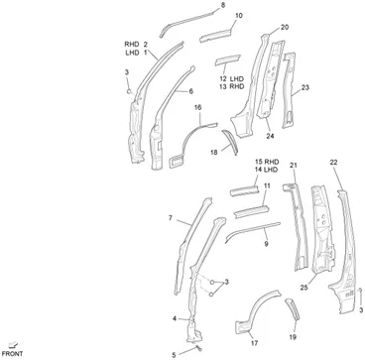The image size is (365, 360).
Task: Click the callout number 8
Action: click(x=222, y=5)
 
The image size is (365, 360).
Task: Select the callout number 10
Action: click(x=239, y=15)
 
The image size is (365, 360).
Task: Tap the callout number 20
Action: click(x=285, y=27)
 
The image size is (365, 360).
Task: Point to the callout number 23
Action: click(x=305, y=87)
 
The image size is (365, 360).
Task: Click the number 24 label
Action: click(x=270, y=135)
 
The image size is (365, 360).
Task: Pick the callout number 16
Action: click(x=197, y=107)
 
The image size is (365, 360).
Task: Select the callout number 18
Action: click(x=213, y=152)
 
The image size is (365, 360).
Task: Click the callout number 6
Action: click(x=190, y=91)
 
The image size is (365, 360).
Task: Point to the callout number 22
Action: click(x=333, y=162)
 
